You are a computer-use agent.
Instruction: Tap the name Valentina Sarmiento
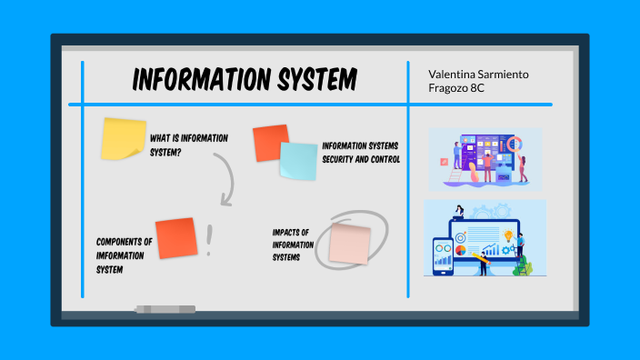coord(477,73)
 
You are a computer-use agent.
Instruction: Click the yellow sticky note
coord(123,138)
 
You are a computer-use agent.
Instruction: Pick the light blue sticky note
coord(298,162)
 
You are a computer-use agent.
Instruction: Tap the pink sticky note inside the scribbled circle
coord(349,244)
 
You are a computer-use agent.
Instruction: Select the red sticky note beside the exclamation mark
coord(176,237)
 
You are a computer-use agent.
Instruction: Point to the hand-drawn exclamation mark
coord(210,239)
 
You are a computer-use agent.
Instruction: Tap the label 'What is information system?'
coord(188,145)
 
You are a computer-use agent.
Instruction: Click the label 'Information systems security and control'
coord(360,153)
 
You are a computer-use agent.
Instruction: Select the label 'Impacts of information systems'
coord(293,245)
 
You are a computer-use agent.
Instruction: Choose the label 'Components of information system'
coord(124,255)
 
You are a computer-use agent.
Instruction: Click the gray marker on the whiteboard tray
coord(165,310)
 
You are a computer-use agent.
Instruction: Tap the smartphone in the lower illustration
coord(443,257)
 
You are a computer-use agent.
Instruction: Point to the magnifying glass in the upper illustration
coord(514,144)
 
